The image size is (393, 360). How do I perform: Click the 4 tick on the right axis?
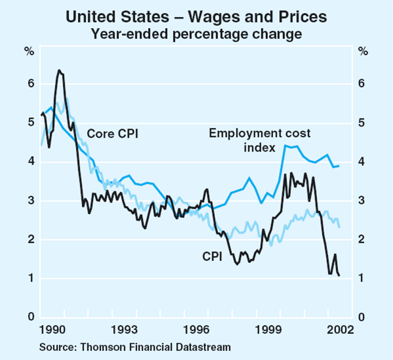[x=364, y=162]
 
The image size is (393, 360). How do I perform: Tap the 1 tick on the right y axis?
[x=364, y=279]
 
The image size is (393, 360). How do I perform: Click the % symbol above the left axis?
[x=29, y=52]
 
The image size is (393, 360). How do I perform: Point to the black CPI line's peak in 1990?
[x=59, y=70]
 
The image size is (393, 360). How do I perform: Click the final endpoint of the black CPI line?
[x=339, y=275]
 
